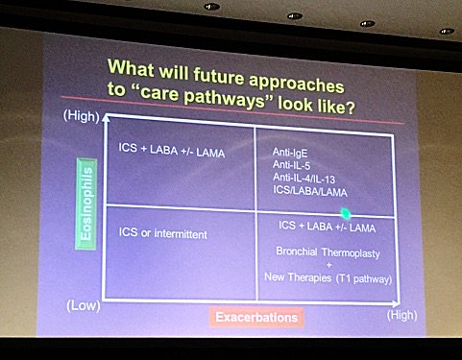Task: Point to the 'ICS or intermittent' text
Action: (163, 233)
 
